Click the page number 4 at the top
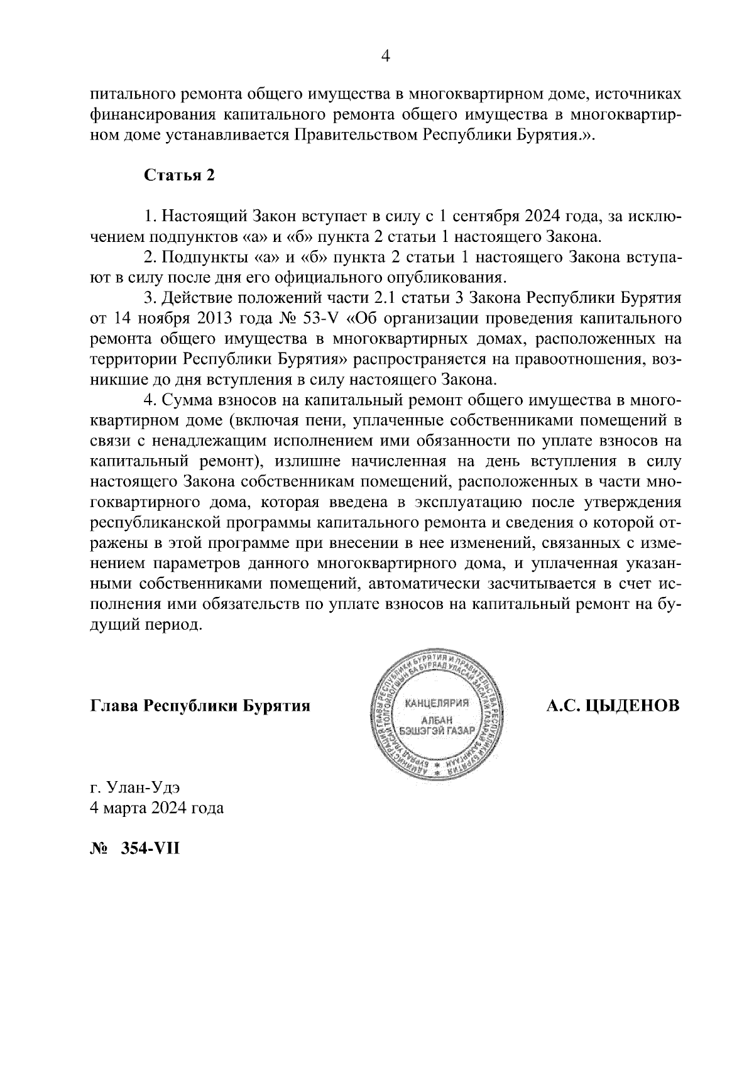386,57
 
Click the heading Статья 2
180,175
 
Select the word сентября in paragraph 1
484,217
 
